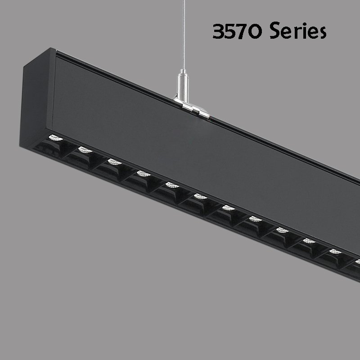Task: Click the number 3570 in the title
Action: tap(237, 31)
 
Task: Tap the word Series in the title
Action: tap(298, 31)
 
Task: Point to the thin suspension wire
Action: tap(184, 35)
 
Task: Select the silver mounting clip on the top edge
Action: tap(192, 108)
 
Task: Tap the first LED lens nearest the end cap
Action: tap(55, 138)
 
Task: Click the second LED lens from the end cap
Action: tap(85, 150)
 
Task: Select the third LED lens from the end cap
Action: tap(115, 162)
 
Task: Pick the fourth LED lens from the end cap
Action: tap(144, 174)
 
